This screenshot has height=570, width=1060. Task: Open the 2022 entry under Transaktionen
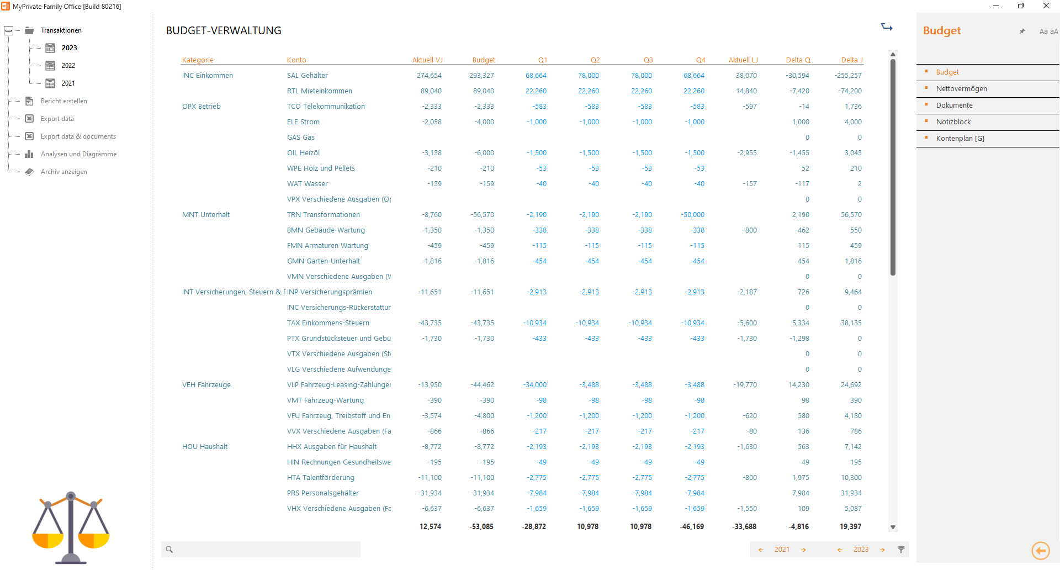68,66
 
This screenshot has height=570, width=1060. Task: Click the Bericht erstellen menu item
63,101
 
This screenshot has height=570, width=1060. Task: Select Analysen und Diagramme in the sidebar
78,154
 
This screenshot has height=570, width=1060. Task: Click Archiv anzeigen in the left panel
63,172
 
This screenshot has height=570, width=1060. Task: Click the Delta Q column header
798,60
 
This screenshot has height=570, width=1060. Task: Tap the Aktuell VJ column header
427,60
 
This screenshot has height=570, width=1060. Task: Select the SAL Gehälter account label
307,76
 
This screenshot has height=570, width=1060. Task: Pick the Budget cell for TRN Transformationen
482,215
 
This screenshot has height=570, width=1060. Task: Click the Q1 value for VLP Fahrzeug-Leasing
534,385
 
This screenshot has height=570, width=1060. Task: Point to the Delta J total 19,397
850,527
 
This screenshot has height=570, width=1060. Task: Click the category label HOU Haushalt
204,447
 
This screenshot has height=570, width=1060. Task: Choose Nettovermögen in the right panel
961,89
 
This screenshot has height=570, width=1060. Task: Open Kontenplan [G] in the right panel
960,139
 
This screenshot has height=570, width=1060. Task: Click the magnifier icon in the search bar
169,550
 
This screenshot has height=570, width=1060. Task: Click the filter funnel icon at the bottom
901,550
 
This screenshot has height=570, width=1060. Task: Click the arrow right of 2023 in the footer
882,550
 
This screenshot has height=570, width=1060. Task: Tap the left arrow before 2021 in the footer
761,550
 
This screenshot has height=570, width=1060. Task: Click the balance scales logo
71,527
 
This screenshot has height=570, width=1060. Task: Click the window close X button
1046,6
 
